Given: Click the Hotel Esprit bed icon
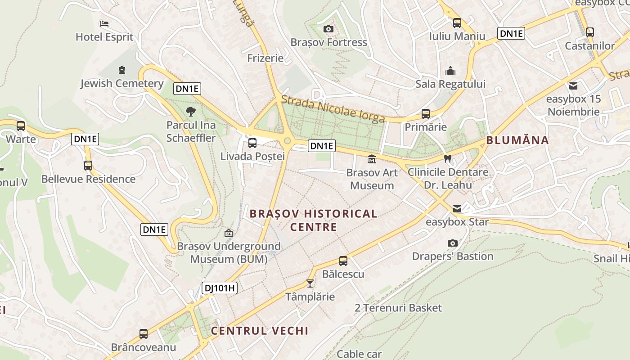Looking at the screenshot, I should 104,23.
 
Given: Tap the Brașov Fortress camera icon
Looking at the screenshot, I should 328,29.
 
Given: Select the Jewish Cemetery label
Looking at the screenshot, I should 122,83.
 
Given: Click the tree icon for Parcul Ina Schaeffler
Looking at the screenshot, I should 191,112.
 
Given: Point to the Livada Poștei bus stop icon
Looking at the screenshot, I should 252,143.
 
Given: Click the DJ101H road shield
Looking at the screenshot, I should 219,288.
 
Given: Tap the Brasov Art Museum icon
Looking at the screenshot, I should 372,159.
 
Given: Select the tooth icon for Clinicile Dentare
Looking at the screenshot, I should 447,158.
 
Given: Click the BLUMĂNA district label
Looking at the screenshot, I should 517,140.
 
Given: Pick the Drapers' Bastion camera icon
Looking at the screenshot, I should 453,243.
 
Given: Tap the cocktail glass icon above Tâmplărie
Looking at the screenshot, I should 310,283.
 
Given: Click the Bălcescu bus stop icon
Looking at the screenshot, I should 343,261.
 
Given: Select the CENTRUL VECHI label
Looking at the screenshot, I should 260,331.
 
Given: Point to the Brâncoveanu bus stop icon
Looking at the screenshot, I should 144,334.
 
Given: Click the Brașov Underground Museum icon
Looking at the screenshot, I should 229,233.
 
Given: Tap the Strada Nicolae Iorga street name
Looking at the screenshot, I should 333,109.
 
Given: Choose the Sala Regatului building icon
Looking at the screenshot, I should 450,71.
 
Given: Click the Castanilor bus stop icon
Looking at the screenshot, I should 589,32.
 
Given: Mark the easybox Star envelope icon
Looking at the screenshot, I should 457,208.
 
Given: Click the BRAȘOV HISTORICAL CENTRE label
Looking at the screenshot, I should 313,220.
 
